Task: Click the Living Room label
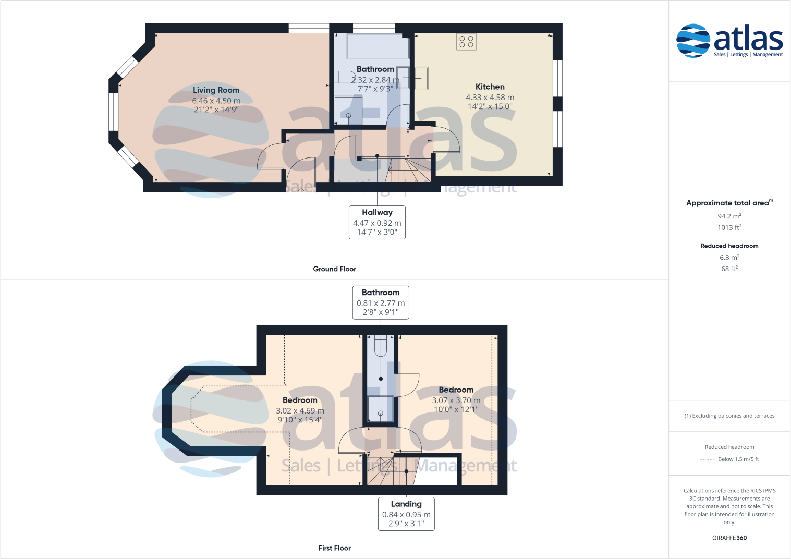[x=216, y=90]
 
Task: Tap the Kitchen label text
[x=490, y=87]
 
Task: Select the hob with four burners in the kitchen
[x=466, y=42]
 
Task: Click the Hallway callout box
[x=377, y=222]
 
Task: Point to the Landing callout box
[x=406, y=514]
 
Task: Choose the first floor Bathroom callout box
[x=381, y=302]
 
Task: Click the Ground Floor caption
[x=334, y=269]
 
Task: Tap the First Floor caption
[x=334, y=548]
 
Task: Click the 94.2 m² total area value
[x=729, y=216]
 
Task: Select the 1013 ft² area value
[x=729, y=227]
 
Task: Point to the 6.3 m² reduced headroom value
[x=729, y=258]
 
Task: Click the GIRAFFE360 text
[x=729, y=538]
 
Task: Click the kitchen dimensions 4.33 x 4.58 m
[x=490, y=98]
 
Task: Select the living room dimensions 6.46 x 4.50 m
[x=216, y=101]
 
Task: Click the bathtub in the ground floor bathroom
[x=378, y=46]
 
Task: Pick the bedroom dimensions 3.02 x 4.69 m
[x=300, y=411]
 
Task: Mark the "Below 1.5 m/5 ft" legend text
[x=738, y=459]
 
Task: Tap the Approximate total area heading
[x=727, y=203]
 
